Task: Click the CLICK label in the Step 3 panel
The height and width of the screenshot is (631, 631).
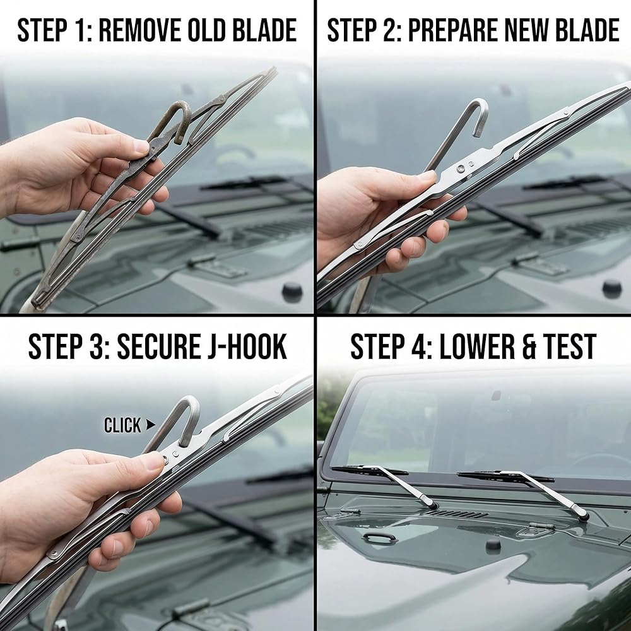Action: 122,425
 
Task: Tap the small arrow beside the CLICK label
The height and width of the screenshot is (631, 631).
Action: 151,424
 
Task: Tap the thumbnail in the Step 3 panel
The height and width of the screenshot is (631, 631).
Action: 154,461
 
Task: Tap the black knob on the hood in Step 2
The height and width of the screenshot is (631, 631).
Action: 611,289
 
